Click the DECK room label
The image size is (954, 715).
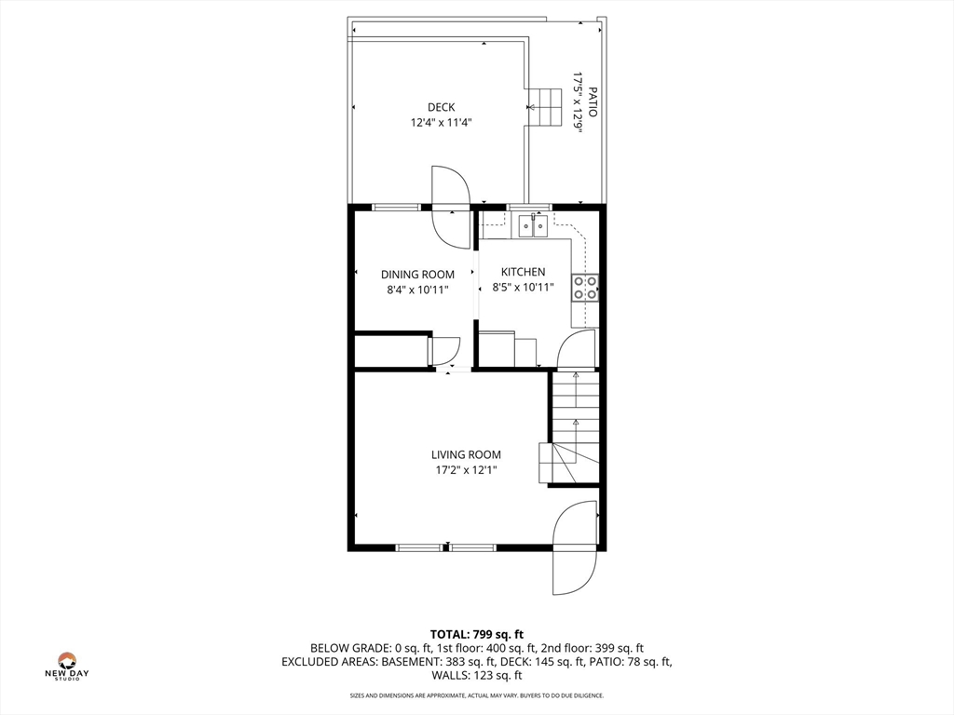click(x=441, y=108)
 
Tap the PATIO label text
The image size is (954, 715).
click(x=593, y=102)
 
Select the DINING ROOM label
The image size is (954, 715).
click(x=417, y=275)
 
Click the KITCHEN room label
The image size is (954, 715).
click(x=524, y=272)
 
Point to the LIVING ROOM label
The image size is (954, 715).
click(x=466, y=454)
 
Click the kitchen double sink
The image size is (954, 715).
click(x=533, y=225)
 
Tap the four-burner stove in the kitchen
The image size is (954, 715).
click(x=585, y=288)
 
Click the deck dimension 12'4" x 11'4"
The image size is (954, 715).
click(x=441, y=123)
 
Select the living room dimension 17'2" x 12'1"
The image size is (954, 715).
click(x=466, y=470)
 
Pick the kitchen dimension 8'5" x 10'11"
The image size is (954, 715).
click(x=524, y=287)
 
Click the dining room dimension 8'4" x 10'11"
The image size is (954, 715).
click(x=417, y=290)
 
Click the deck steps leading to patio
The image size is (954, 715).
click(x=544, y=107)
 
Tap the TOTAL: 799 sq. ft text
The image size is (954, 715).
click(x=477, y=635)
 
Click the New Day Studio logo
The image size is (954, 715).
click(x=67, y=667)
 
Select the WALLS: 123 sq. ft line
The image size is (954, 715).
click(x=477, y=675)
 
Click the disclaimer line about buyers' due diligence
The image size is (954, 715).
click(x=477, y=695)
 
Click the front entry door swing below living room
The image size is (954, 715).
click(x=574, y=547)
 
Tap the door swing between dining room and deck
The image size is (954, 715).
click(x=450, y=206)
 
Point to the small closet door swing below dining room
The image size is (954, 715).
click(x=443, y=350)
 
